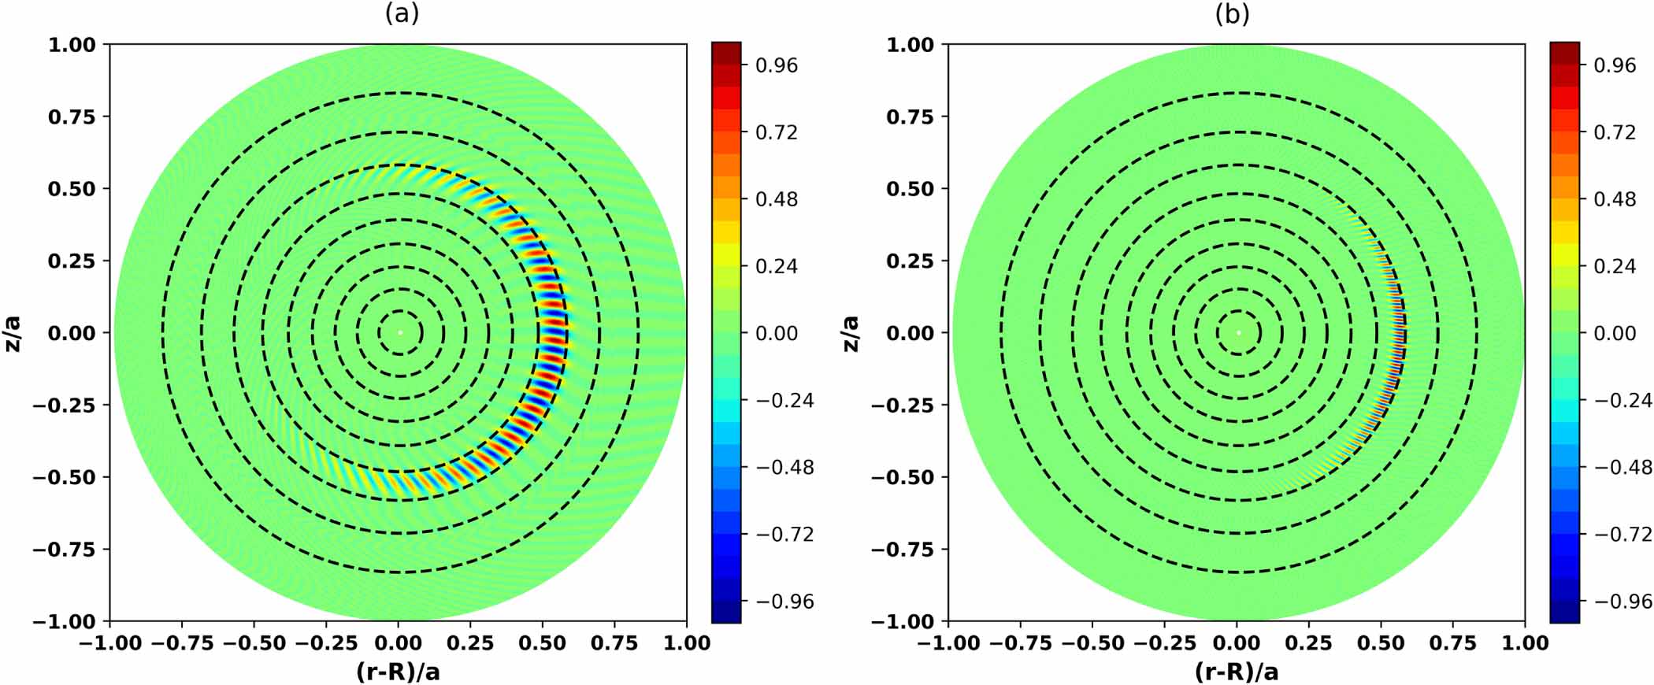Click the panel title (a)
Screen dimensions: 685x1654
[x=402, y=13]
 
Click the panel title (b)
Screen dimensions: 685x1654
[x=1233, y=13]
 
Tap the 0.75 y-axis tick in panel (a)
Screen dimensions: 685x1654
[x=72, y=117]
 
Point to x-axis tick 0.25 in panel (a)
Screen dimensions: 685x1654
[x=470, y=643]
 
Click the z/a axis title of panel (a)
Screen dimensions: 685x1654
[x=13, y=333]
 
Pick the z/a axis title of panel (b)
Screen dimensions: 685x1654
[x=851, y=333]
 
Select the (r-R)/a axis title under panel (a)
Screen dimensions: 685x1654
[x=398, y=672]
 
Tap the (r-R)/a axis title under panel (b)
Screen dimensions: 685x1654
[x=1237, y=672]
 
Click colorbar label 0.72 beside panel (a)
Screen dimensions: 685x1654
[x=777, y=132]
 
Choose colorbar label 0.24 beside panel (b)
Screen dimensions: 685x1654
[x=1615, y=266]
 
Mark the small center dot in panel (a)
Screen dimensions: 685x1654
[x=399, y=332]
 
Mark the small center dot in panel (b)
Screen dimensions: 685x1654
[x=1238, y=332]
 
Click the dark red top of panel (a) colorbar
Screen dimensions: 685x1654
[x=725, y=50]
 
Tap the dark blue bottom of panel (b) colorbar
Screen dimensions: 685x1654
[x=1564, y=614]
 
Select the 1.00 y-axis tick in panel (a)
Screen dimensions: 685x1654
[x=72, y=45]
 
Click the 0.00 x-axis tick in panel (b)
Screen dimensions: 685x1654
[x=1237, y=643]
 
